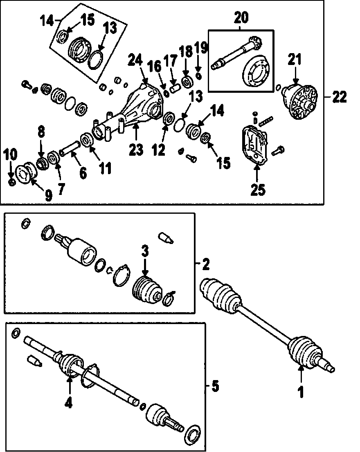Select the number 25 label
(x=257, y=190)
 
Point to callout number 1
(x=301, y=392)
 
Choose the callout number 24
(x=135, y=61)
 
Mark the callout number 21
(x=295, y=60)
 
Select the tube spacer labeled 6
(x=72, y=146)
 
